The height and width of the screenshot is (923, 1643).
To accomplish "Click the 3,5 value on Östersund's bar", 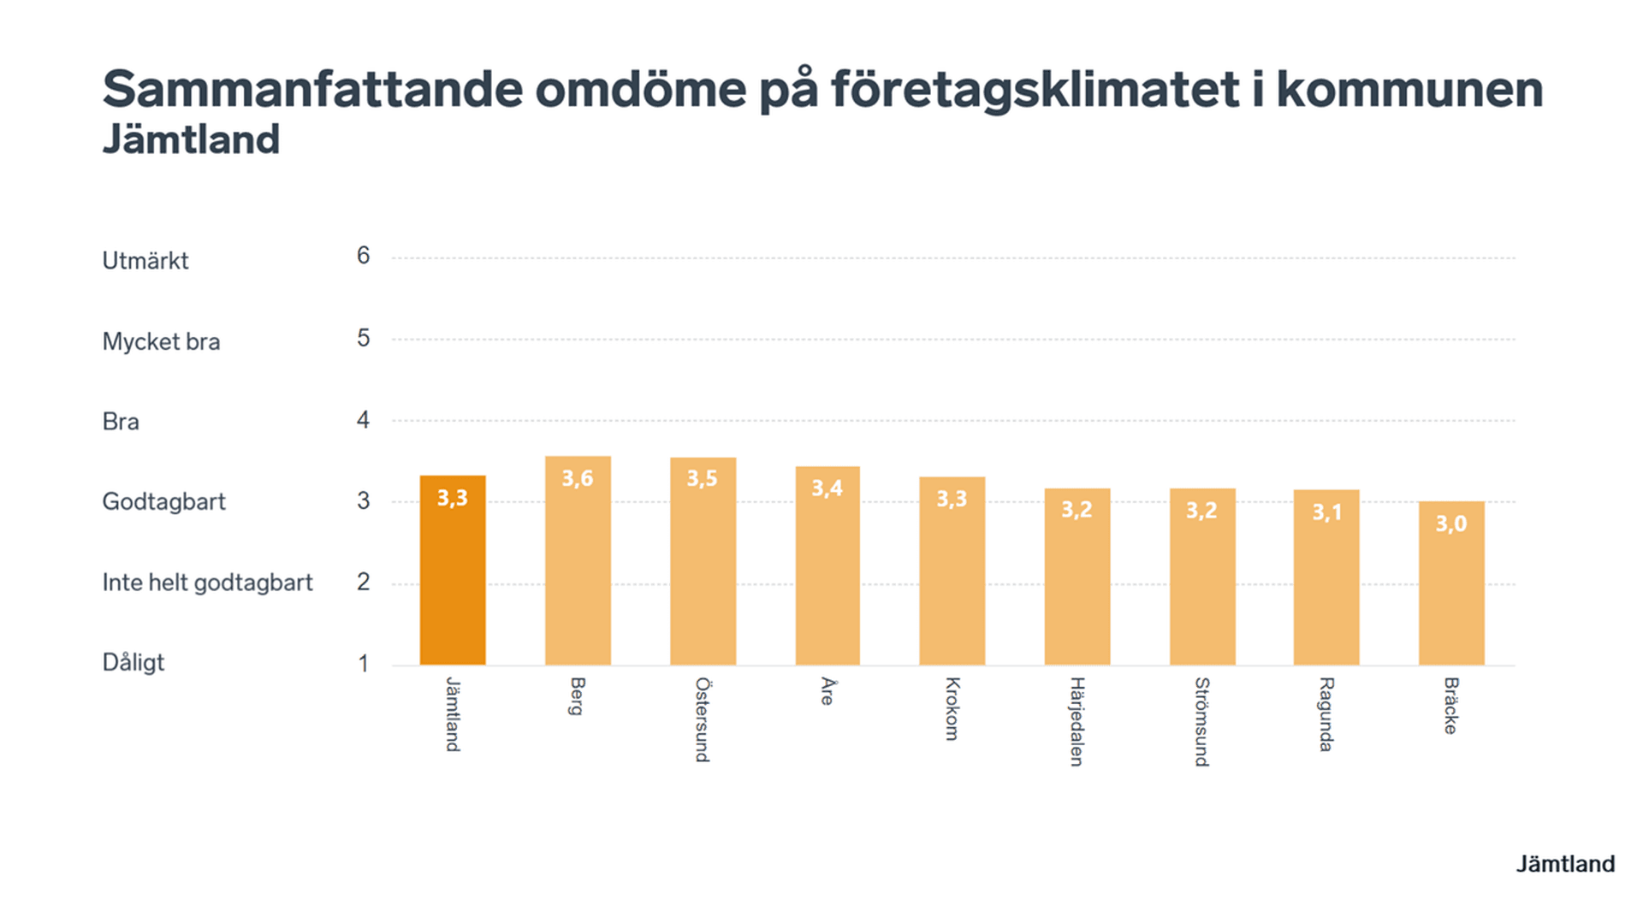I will click(702, 478).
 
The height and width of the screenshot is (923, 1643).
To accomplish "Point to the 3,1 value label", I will click(1326, 512).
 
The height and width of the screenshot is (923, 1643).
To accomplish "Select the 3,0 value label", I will click(1451, 524).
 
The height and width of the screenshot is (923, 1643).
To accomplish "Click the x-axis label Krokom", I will click(952, 708).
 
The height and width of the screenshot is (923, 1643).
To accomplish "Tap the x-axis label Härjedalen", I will click(1077, 721).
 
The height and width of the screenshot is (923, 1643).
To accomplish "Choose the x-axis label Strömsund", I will click(1202, 721).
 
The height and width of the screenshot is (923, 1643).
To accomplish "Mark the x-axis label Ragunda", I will click(1326, 714).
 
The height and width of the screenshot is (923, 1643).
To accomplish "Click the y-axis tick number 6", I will click(364, 256).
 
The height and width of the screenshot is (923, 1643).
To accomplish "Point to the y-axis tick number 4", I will click(364, 420).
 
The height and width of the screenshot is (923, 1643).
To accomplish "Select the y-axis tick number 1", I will click(364, 664).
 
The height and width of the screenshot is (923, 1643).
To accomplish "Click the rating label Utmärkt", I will click(145, 261).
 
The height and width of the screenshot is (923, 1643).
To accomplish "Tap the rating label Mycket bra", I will click(161, 342).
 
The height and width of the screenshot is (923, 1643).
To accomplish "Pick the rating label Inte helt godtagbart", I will click(207, 583).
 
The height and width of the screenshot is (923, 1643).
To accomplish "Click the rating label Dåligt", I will click(133, 663).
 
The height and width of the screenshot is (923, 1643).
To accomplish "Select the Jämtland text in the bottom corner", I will click(1565, 864).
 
